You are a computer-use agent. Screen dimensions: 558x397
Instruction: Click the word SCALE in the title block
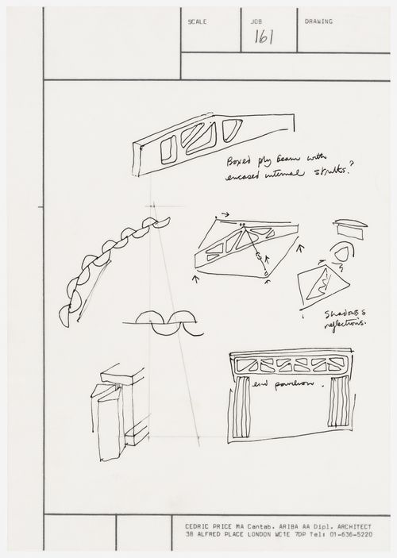click(197, 21)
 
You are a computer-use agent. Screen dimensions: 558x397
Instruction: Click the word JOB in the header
click(256, 21)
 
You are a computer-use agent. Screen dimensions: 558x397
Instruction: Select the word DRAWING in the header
click(318, 21)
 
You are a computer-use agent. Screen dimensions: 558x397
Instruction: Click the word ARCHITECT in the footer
click(367, 526)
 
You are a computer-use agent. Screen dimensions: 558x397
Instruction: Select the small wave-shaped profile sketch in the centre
click(162, 323)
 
